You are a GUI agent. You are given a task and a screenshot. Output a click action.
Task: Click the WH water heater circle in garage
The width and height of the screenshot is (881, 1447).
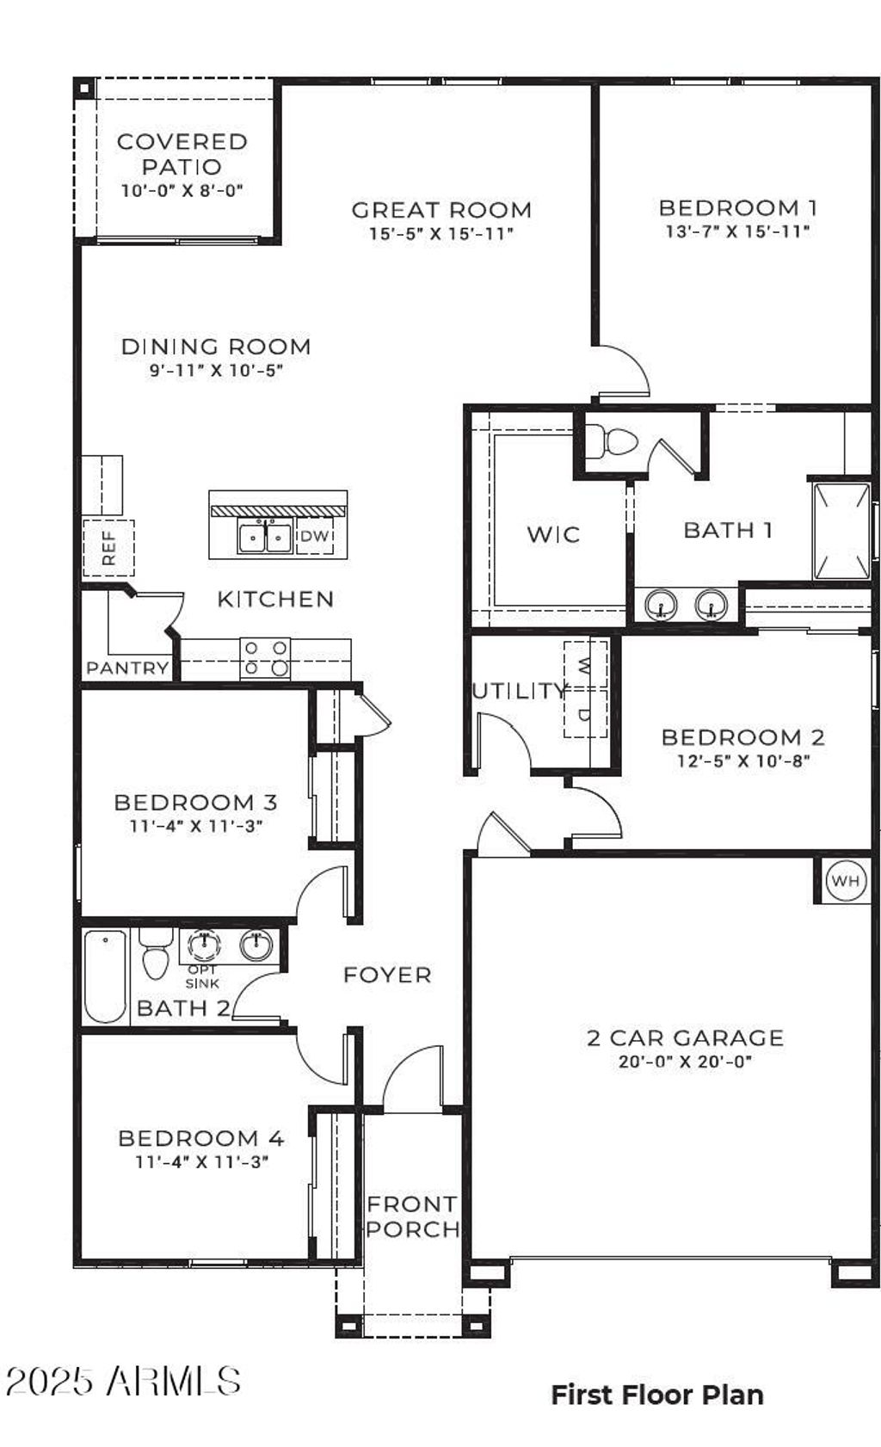pyautogui.click(x=845, y=880)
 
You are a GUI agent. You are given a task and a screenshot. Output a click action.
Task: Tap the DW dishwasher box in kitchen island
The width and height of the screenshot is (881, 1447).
pyautogui.click(x=315, y=537)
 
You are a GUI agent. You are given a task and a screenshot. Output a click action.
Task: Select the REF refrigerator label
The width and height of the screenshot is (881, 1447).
pyautogui.click(x=108, y=548)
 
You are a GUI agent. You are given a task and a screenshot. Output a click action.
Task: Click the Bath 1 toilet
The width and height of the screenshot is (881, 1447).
pyautogui.click(x=617, y=442)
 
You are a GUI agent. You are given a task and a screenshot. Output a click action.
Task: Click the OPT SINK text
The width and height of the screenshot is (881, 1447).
pyautogui.click(x=202, y=976)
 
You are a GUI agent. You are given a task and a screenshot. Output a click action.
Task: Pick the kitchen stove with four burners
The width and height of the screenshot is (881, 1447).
pyautogui.click(x=265, y=658)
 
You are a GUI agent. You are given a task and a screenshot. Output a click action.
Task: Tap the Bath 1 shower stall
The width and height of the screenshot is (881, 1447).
pyautogui.click(x=841, y=531)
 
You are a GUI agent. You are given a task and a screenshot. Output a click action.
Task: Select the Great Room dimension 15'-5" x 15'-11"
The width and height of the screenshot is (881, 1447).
pyautogui.click(x=440, y=233)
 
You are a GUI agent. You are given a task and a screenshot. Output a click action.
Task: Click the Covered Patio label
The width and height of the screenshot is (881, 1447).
pyautogui.click(x=182, y=154)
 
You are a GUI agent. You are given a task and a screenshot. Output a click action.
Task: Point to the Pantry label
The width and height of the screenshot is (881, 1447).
pyautogui.click(x=127, y=668)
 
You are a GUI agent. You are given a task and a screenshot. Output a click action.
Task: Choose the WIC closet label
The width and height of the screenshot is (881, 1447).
pyautogui.click(x=553, y=534)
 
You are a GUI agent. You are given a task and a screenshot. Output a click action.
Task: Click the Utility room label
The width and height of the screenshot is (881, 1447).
pyautogui.click(x=519, y=690)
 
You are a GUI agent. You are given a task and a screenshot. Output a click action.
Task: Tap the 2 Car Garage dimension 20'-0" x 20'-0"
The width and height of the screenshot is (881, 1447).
pyautogui.click(x=685, y=1062)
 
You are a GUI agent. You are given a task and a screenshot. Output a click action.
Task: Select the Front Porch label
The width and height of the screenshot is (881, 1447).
pyautogui.click(x=412, y=1216)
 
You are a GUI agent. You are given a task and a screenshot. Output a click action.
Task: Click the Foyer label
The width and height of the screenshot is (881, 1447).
pyautogui.click(x=387, y=975)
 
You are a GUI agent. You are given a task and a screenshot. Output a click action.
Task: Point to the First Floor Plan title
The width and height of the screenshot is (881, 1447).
pyautogui.click(x=657, y=1395)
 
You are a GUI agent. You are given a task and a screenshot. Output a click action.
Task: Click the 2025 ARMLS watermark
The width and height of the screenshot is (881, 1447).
pyautogui.click(x=123, y=1382)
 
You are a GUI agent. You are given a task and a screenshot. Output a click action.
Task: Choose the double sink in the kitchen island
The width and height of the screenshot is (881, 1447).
pyautogui.click(x=265, y=538)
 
